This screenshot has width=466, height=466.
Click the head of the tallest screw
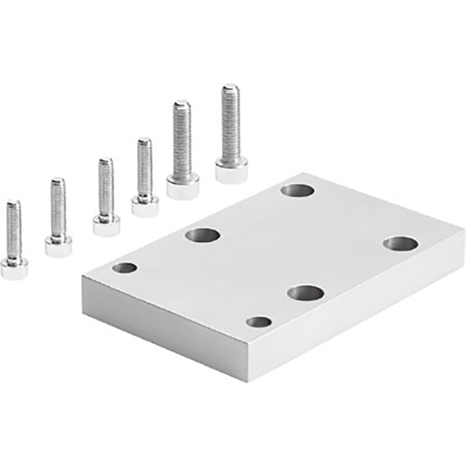point(232,168)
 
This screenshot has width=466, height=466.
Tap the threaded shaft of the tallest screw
point(229,118)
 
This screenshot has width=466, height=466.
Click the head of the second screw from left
point(58,243)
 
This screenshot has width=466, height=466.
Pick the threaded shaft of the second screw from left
point(57,205)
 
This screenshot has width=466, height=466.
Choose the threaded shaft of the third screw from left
point(106,186)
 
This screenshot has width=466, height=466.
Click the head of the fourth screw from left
point(145,203)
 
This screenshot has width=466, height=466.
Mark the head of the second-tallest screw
point(183,186)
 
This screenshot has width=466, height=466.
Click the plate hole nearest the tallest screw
point(297,190)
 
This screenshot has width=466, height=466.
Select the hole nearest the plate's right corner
point(400,243)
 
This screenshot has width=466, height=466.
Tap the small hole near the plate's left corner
point(125,268)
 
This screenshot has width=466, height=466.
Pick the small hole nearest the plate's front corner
point(259,322)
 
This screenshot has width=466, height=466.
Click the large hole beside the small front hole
point(305,292)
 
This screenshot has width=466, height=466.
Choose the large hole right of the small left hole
point(202,236)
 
